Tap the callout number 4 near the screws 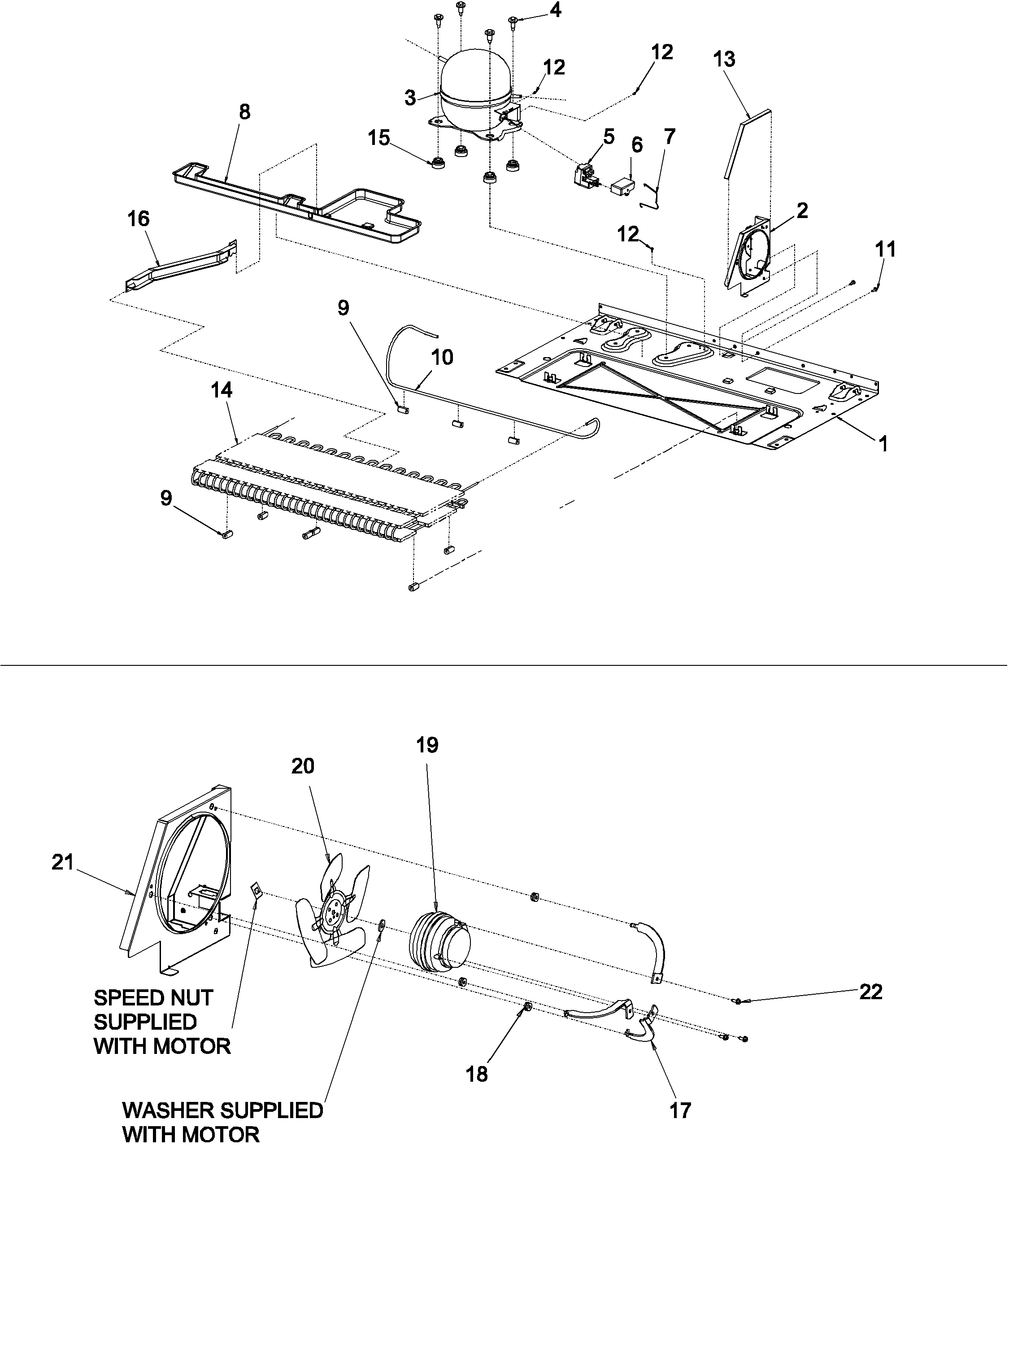click(555, 10)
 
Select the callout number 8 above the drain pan click(244, 112)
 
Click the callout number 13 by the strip click(724, 60)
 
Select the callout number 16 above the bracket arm click(139, 219)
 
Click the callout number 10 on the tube click(442, 358)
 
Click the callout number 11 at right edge click(885, 249)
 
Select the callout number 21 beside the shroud click(63, 862)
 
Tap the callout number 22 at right click(870, 992)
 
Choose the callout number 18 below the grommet click(477, 1074)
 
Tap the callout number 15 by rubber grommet click(378, 138)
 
